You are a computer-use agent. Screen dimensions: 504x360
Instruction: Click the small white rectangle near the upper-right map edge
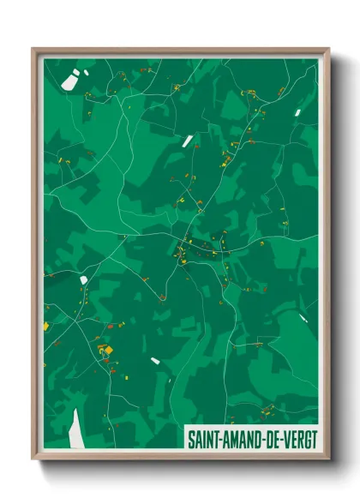(x=297, y=112)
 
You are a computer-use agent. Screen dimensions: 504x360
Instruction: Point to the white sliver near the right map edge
(x=303, y=318)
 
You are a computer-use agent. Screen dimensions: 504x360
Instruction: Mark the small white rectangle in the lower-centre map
(x=155, y=361)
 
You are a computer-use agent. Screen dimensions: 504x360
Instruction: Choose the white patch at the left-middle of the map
(x=83, y=279)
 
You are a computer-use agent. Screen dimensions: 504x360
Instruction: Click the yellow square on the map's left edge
(x=47, y=326)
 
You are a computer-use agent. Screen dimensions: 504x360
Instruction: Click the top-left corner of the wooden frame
(x=33, y=49)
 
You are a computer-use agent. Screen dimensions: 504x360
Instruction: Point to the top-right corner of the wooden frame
(x=328, y=49)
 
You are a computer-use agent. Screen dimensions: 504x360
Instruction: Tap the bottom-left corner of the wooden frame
(x=33, y=460)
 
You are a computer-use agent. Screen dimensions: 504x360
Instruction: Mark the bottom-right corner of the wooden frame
(x=328, y=460)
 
